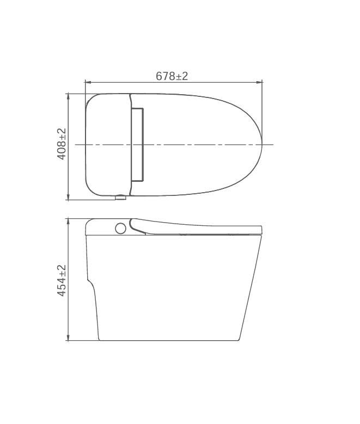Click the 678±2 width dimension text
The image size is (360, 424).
pos(172,76)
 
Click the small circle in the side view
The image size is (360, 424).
pos(120,228)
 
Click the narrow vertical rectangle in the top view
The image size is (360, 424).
pos(137,144)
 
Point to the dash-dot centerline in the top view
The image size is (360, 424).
pos(207,145)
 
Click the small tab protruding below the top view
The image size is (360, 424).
pos(120,198)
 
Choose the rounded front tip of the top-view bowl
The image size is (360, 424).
pos(261,144)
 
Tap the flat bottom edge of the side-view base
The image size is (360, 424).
pos(169,341)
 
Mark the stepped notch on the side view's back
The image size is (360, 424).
pos(89,281)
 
